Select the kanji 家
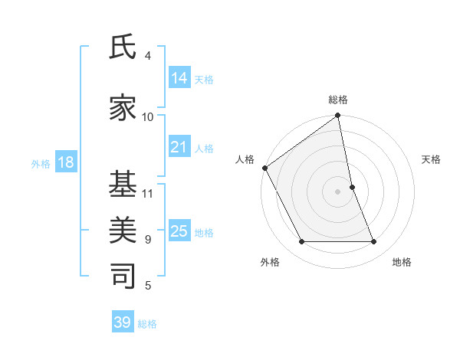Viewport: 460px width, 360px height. (123, 107)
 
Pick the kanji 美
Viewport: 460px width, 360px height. (123, 229)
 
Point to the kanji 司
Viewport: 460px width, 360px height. (123, 275)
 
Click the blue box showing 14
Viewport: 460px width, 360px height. (179, 77)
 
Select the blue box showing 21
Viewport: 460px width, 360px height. (179, 147)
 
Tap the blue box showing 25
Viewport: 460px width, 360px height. (179, 231)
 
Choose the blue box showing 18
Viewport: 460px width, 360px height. (64, 163)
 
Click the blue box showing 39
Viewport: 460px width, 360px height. (123, 322)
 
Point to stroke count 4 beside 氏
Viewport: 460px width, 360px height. (147, 55)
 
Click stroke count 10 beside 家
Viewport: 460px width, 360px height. (148, 116)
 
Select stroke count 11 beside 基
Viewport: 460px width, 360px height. (148, 193)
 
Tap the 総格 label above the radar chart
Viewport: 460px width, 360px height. (338, 100)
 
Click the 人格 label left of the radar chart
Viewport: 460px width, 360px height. (245, 159)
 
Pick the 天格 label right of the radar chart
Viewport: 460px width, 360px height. (432, 159)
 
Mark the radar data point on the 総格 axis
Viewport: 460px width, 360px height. (338, 116)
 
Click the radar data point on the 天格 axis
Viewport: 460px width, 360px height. (352, 187)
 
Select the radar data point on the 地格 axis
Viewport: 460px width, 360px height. (374, 242)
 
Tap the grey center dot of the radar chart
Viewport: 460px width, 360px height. (338, 191)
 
